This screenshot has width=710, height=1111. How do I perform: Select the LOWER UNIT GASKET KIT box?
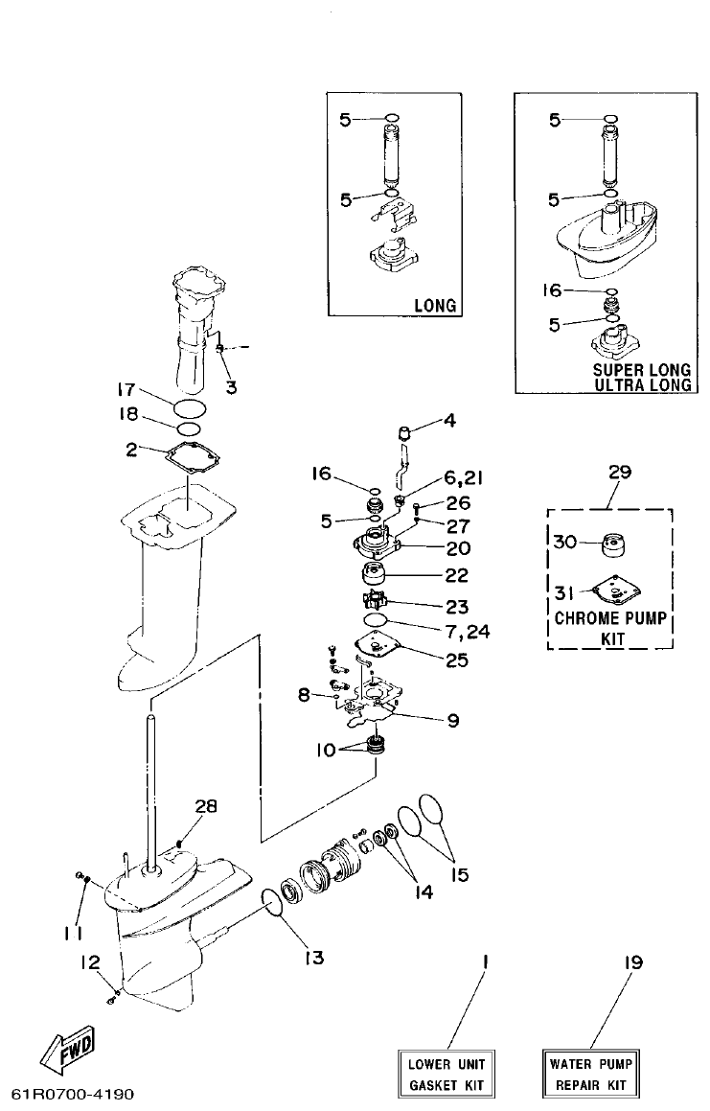[x=447, y=1075]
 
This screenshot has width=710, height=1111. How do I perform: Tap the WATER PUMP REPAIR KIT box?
[x=588, y=1075]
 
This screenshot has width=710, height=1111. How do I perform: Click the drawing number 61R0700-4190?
[x=73, y=1094]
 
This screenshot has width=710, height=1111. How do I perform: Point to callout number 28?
[x=206, y=806]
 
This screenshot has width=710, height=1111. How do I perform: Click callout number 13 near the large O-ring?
[x=314, y=957]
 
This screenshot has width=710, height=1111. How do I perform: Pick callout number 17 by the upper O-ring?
[x=125, y=390]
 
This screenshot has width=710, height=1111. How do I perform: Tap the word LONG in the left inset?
[x=434, y=306]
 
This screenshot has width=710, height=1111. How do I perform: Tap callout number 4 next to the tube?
[x=450, y=419]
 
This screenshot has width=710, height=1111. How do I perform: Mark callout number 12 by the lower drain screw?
[x=89, y=961]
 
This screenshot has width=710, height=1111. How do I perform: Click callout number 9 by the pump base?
[x=453, y=721]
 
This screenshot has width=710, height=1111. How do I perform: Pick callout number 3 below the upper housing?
[x=230, y=387]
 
